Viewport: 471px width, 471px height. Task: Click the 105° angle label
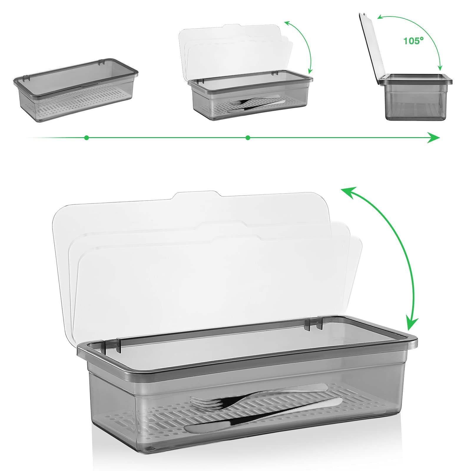point(413,41)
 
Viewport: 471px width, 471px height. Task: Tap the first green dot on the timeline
point(86,137)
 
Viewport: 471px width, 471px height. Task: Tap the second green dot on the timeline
point(248,137)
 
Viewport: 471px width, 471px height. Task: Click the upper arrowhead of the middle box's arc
point(287,23)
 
